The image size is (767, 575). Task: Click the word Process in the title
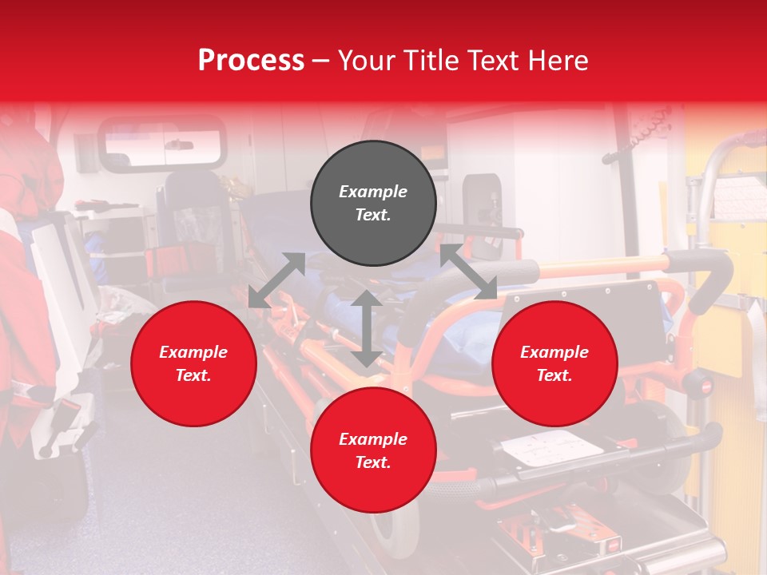tap(251, 61)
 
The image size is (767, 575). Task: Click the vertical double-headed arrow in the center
tap(366, 328)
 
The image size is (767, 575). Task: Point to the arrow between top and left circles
tap(276, 280)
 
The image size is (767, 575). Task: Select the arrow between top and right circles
tap(468, 272)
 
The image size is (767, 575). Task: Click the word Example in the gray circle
tap(373, 192)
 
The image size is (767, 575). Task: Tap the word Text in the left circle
tap(193, 375)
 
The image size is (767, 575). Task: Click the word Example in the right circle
tap(554, 352)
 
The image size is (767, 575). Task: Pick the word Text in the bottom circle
tap(373, 462)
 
